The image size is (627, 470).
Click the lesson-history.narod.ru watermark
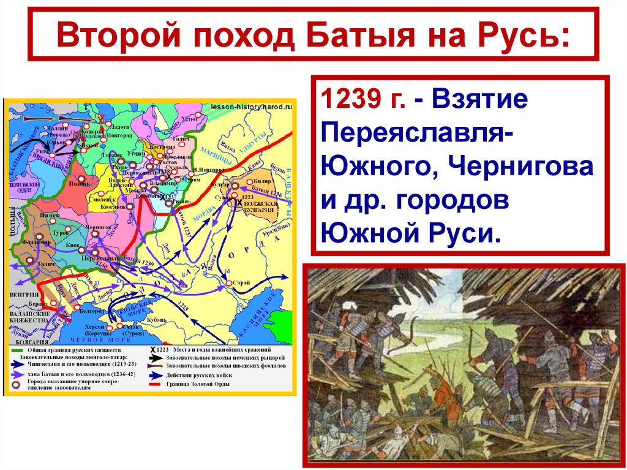[251, 106]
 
